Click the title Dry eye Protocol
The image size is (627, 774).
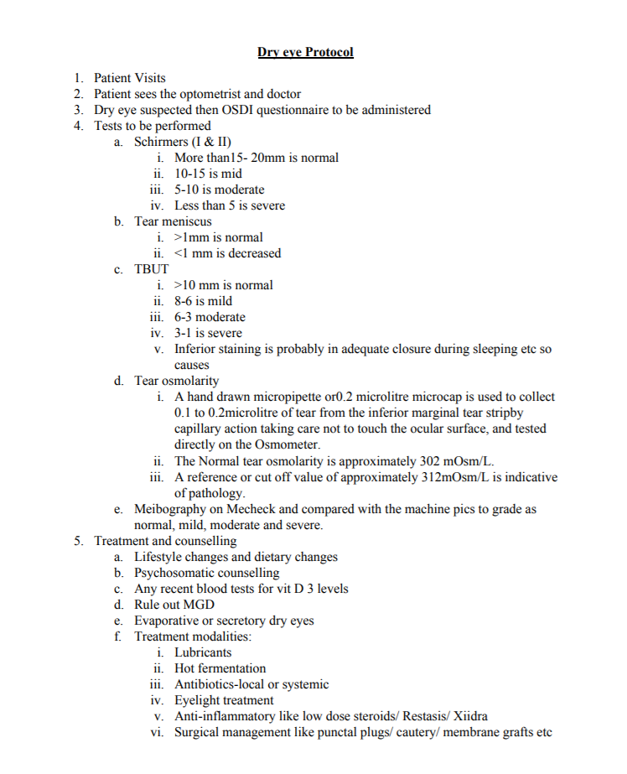click(x=305, y=52)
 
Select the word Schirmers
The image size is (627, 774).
click(x=162, y=142)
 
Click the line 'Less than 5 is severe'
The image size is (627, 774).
click(x=229, y=205)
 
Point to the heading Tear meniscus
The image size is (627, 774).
click(x=173, y=221)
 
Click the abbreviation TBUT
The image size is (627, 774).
click(x=152, y=269)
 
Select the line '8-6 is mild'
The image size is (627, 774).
click(x=203, y=301)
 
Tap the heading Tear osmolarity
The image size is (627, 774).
click(x=176, y=381)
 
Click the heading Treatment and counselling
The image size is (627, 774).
click(x=165, y=541)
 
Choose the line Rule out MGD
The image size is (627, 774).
click(x=174, y=605)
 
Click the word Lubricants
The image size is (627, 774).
click(x=203, y=652)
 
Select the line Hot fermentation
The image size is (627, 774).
click(x=220, y=668)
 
